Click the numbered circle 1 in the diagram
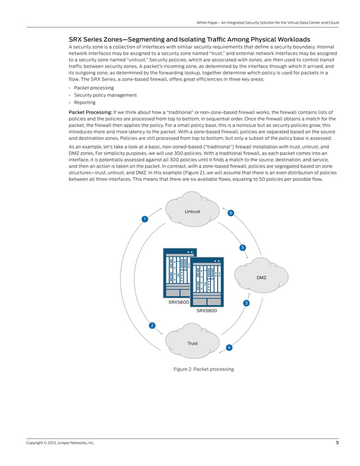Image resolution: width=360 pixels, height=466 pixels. [x=145, y=219]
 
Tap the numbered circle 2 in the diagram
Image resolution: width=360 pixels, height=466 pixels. [x=152, y=326]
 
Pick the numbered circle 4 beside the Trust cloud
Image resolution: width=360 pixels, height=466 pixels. [x=229, y=347]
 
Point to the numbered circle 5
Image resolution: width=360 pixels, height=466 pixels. [x=242, y=248]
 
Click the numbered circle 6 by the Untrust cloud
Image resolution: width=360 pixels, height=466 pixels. [x=231, y=213]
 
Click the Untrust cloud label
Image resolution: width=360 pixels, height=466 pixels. [x=192, y=212]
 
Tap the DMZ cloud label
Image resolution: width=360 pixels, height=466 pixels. [x=261, y=278]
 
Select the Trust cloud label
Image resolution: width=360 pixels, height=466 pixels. [x=192, y=343]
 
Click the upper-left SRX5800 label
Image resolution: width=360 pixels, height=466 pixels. [x=178, y=302]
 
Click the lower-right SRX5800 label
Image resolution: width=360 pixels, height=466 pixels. [x=206, y=310]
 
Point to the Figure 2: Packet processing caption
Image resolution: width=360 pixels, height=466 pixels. [x=203, y=369]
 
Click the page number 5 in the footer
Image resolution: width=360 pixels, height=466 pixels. [x=337, y=443]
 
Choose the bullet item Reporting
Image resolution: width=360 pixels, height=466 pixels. [x=85, y=103]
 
